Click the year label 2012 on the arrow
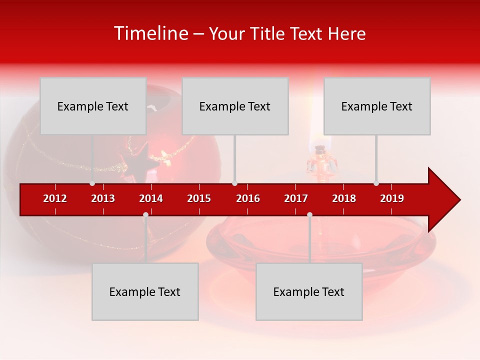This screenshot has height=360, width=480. pyautogui.click(x=55, y=198)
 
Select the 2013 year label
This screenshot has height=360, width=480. pyautogui.click(x=103, y=198)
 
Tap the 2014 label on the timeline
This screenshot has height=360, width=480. pyautogui.click(x=151, y=198)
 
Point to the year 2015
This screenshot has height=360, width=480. pyautogui.click(x=199, y=198)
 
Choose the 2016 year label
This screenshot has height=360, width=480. pyautogui.click(x=248, y=198)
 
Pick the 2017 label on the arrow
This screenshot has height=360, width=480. pyautogui.click(x=296, y=198)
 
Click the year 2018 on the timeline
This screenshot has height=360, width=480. pyautogui.click(x=344, y=198)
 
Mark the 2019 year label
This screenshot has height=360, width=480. pyautogui.click(x=392, y=198)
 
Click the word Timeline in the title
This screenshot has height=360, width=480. pyautogui.click(x=151, y=33)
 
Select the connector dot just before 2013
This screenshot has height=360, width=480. pyautogui.click(x=92, y=183)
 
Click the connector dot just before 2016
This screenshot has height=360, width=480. pyautogui.click(x=235, y=183)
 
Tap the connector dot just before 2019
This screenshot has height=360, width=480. pyautogui.click(x=376, y=183)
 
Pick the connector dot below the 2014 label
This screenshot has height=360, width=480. pyautogui.click(x=145, y=215)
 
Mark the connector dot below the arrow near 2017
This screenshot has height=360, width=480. pyautogui.click(x=309, y=215)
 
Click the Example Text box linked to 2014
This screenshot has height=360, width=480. pyautogui.click(x=145, y=291)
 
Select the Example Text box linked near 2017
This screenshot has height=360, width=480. pyautogui.click(x=309, y=291)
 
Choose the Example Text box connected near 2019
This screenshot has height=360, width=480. pyautogui.click(x=377, y=106)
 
